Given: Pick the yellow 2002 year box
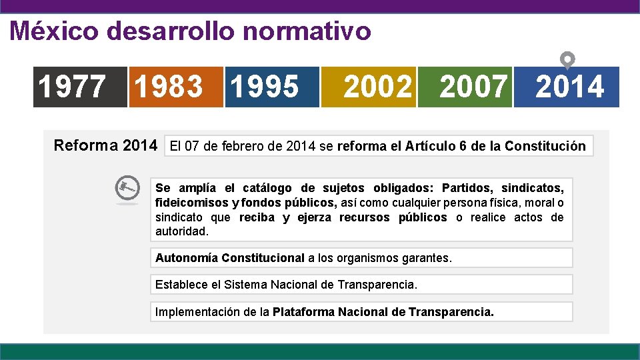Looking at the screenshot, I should [369, 87].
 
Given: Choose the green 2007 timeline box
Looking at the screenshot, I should [465, 87].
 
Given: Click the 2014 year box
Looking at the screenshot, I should [568, 87].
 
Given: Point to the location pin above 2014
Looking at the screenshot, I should [567, 60].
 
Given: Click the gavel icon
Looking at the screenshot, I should [127, 189].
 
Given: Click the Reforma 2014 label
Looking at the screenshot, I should [105, 145].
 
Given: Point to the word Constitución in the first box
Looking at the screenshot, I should [545, 146].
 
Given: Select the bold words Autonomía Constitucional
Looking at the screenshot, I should [230, 257].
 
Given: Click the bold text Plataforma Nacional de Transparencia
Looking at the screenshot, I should [383, 311].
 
